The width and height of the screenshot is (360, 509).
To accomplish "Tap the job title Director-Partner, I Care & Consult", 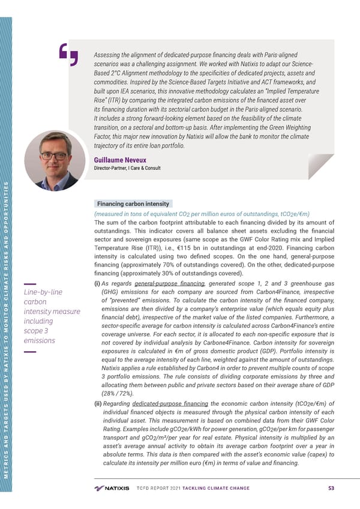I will coord(127,168).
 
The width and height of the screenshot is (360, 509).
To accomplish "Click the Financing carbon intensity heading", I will coord(131,204).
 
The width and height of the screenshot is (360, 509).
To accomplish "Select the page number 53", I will coord(332,487).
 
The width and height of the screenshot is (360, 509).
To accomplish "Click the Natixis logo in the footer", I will coord(112,487).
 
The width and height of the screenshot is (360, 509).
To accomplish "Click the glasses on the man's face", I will coord(54,155).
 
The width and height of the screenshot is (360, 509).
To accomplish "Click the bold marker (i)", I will coord(97,284).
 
